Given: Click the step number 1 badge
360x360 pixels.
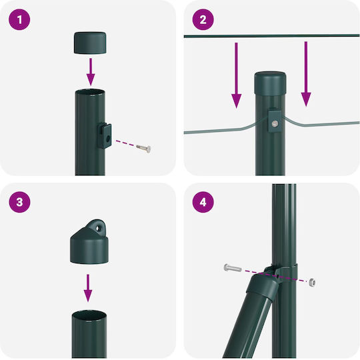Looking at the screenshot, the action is pyautogui.click(x=19, y=19).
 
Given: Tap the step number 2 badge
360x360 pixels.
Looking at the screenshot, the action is pyautogui.click(x=203, y=19).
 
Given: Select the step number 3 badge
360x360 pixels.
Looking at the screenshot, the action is pyautogui.click(x=19, y=202).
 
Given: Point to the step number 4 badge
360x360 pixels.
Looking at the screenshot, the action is pyautogui.click(x=203, y=202).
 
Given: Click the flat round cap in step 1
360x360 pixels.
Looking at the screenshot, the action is pyautogui.click(x=90, y=43).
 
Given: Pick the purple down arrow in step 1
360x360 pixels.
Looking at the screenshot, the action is pyautogui.click(x=91, y=72).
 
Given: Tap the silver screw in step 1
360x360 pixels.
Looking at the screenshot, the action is pyautogui.click(x=144, y=148).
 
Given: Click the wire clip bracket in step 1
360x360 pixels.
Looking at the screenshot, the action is pyautogui.click(x=105, y=136).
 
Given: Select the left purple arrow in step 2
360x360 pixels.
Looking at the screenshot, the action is pyautogui.click(x=236, y=75).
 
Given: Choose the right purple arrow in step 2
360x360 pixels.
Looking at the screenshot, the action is pyautogui.click(x=306, y=74).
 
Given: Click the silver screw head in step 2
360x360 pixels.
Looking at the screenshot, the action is pyautogui.click(x=275, y=124).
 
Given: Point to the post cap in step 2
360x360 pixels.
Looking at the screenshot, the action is pyautogui.click(x=270, y=83).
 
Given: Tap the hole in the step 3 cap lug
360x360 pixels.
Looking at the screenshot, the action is pyautogui.click(x=98, y=228).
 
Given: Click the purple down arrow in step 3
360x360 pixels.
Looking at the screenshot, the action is pyautogui.click(x=88, y=288).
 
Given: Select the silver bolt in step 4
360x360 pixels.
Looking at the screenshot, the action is pyautogui.click(x=233, y=268).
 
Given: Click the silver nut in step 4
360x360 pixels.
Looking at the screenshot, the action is pyautogui.click(x=312, y=282).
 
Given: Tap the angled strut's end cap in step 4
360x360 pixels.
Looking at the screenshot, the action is pyautogui.click(x=263, y=286).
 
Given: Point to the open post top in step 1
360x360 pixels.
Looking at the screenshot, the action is pyautogui.click(x=90, y=92).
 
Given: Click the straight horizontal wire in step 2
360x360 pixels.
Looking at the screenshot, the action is pyautogui.click(x=271, y=36).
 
